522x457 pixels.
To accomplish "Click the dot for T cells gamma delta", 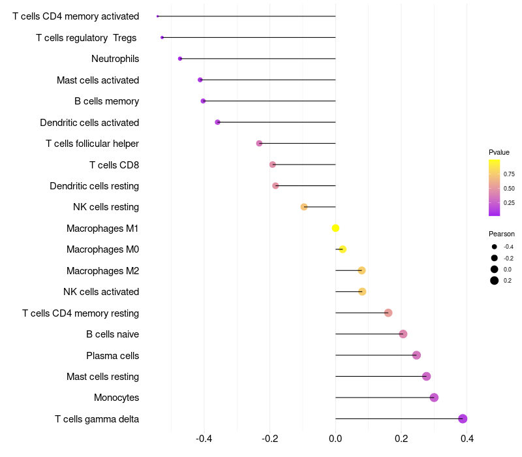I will (x=463, y=418).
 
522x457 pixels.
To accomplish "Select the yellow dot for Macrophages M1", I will (x=335, y=228).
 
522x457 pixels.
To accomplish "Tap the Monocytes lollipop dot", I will (x=434, y=398).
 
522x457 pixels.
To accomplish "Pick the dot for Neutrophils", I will (x=180, y=59).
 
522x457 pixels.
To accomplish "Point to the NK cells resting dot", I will (x=304, y=207).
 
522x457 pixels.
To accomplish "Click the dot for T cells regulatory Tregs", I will (x=162, y=37).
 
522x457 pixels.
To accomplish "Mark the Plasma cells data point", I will (x=416, y=355).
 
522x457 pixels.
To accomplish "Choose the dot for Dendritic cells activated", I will (x=217, y=122).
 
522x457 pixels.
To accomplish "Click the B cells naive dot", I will (x=403, y=334).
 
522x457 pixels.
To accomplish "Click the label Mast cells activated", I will (x=98, y=80).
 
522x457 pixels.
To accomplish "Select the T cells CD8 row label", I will (x=114, y=165).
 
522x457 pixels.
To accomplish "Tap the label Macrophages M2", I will (x=102, y=271).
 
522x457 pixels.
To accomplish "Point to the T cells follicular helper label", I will (x=92, y=144).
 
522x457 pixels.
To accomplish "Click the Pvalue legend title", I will (x=499, y=152).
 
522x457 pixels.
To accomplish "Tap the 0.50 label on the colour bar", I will (x=509, y=189).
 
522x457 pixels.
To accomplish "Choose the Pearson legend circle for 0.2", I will (x=495, y=281).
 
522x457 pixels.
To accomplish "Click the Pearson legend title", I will (x=501, y=234).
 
